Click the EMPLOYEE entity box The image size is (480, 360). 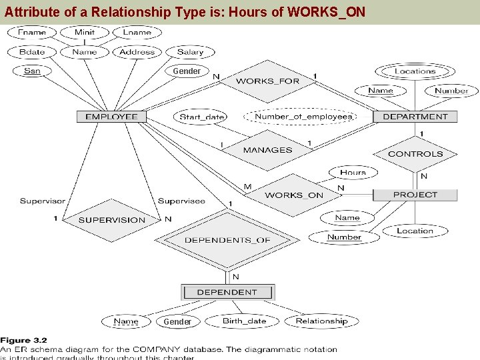(111, 117)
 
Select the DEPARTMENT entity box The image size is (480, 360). (415, 117)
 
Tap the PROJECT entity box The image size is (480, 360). (415, 195)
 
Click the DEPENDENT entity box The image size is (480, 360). (227, 292)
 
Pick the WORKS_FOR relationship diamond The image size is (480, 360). (267, 81)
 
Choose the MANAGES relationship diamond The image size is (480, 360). (267, 150)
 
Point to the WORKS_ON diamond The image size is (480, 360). (294, 195)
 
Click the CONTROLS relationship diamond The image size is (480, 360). (415, 154)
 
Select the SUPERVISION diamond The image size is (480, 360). (112, 220)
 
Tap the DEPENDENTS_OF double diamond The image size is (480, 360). (227, 240)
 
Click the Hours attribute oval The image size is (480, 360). (353, 173)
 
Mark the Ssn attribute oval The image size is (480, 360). (32, 71)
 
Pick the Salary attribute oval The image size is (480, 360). (190, 52)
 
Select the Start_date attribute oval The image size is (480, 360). (202, 117)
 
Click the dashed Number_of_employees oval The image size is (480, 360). (303, 117)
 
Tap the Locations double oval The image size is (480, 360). (415, 71)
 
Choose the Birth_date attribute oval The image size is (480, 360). (244, 321)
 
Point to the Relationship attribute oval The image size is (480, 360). (321, 321)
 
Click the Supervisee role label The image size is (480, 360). (181, 201)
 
